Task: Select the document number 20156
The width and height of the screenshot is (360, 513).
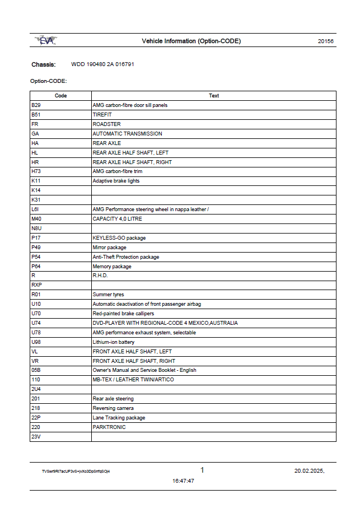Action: [325, 41]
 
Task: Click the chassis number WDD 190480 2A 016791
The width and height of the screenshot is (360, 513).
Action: [102, 64]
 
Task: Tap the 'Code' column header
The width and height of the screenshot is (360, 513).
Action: [60, 96]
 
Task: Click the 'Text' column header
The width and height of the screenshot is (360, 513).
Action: [214, 96]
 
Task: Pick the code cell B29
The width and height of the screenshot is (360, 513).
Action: [36, 105]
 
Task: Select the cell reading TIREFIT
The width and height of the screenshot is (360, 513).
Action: [102, 115]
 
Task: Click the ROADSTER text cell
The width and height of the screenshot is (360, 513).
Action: [106, 124]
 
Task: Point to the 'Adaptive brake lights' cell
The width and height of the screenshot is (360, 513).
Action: [116, 181]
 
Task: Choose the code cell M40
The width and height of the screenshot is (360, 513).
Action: [36, 219]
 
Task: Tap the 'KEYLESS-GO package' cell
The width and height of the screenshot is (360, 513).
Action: [119, 238]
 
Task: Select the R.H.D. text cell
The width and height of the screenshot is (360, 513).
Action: [100, 276]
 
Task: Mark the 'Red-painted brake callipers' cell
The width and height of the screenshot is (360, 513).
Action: [123, 314]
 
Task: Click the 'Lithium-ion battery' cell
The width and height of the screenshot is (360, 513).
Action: [113, 342]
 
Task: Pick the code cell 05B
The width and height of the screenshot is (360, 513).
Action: [36, 370]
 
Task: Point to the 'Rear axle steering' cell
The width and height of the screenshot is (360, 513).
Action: [113, 399]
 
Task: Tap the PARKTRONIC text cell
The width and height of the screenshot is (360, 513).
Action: [109, 427]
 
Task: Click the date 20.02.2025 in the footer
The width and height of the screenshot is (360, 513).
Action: [309, 471]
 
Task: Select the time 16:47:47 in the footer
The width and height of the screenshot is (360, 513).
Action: [183, 481]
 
